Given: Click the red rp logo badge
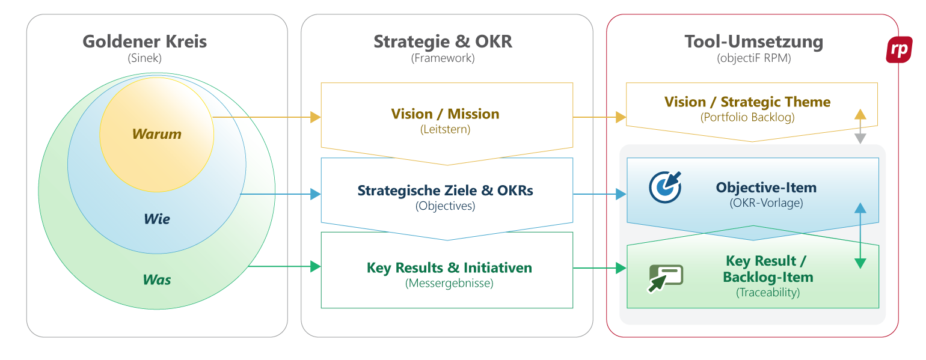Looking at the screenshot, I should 899,50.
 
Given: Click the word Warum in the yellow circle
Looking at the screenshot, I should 156,134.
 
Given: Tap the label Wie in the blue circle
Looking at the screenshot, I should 156,219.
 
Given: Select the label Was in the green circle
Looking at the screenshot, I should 156,279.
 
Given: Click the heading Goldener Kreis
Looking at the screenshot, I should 144,41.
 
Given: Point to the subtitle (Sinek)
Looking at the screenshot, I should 144,58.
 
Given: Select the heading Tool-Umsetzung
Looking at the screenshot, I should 753,41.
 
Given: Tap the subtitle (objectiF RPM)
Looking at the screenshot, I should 753,58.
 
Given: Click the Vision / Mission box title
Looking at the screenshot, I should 445,114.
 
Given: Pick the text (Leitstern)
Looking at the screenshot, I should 445,129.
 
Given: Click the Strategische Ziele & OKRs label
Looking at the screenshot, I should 445,191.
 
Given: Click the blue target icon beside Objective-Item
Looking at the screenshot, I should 665,187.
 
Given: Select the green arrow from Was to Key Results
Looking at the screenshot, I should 283,266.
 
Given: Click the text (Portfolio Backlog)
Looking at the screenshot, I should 747,117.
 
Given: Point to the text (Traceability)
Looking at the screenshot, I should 767,293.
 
